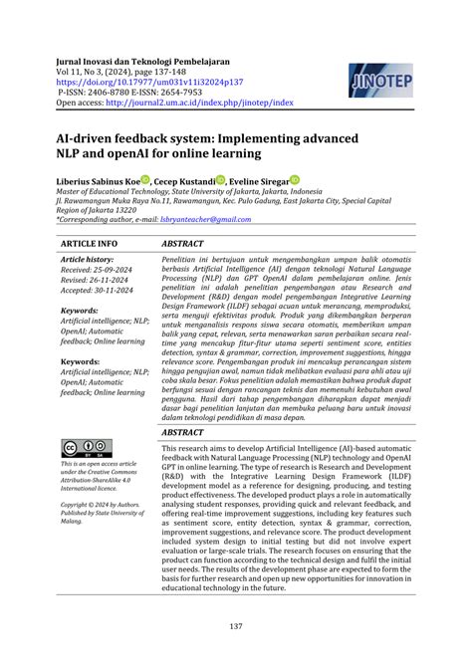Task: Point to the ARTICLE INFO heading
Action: tap(89, 243)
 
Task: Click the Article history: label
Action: tap(88, 259)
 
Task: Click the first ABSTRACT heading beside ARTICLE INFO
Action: tap(184, 243)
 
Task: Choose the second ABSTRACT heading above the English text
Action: tap(184, 435)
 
